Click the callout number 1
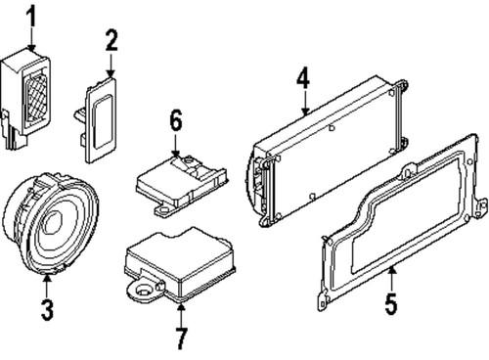31,17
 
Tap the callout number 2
111,40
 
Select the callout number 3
47,310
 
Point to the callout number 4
303,78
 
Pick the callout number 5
391,304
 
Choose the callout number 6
176,120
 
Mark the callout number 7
181,338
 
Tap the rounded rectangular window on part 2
103,122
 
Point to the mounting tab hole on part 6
163,207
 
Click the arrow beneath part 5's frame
392,278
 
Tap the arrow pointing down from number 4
305,103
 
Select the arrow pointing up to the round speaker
47,286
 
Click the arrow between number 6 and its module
175,145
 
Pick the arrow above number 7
181,315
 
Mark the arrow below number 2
111,66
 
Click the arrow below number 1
31,39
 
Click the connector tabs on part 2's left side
80,127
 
